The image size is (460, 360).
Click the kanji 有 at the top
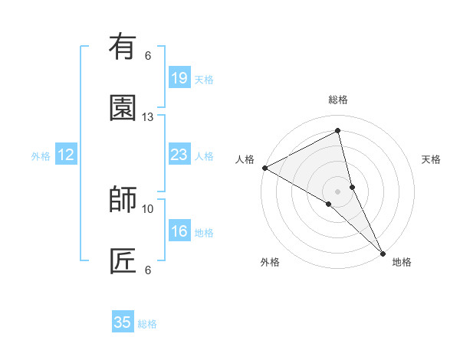pyautogui.click(x=123, y=47)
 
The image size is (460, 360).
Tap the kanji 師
pyautogui.click(x=123, y=200)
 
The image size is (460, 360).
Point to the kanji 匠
pyautogui.click(x=123, y=261)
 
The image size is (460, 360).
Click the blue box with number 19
pyautogui.click(x=179, y=78)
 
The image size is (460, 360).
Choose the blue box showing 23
pyautogui.click(x=179, y=155)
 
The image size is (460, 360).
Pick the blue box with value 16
pyautogui.click(x=179, y=231)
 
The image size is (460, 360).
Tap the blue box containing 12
pyautogui.click(x=66, y=155)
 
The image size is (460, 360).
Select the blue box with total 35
pyautogui.click(x=123, y=322)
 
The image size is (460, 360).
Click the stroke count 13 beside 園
pyautogui.click(x=148, y=117)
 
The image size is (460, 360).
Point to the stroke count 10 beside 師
pyautogui.click(x=148, y=208)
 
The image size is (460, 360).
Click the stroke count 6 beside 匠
pyautogui.click(x=148, y=270)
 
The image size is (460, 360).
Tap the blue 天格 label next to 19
pyautogui.click(x=204, y=80)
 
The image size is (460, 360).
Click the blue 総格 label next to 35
pyautogui.click(x=147, y=324)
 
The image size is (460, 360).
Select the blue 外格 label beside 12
pyautogui.click(x=41, y=156)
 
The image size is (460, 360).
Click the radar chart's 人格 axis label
pyautogui.click(x=245, y=159)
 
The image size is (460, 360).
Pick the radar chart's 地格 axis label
pyautogui.click(x=402, y=262)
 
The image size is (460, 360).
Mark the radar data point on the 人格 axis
pyautogui.click(x=264, y=168)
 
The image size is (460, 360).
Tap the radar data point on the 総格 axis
pyautogui.click(x=338, y=130)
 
